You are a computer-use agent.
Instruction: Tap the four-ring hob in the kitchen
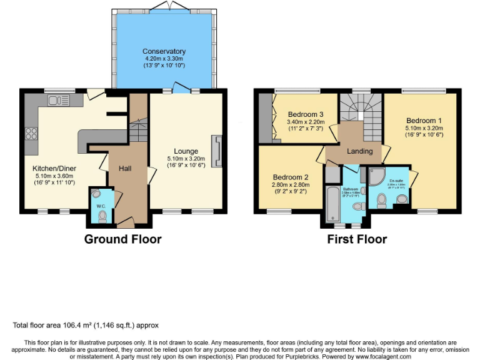coord(31,132)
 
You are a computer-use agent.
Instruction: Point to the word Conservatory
coord(164,51)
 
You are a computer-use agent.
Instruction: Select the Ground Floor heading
coord(122,239)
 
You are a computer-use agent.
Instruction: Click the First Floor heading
coord(357,239)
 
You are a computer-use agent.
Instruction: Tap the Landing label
coord(359,151)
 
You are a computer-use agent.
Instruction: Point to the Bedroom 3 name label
coord(306,114)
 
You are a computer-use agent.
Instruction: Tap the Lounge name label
coord(186,151)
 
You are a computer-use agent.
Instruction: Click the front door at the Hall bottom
coord(125,221)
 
